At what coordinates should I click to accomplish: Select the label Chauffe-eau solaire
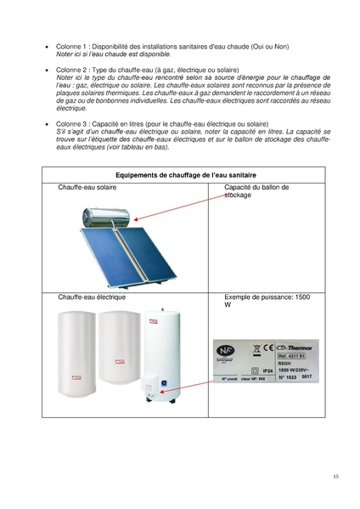tap(87, 187)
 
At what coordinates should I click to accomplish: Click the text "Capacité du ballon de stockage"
tap(256, 190)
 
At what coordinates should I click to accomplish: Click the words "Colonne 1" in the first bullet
tap(71, 47)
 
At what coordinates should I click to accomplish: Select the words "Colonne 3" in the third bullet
tap(71, 123)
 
